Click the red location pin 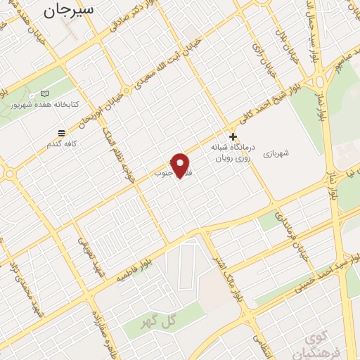pyautogui.click(x=181, y=165)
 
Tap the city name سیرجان pyautogui.click(x=68, y=10)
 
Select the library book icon pyautogui.click(x=44, y=94)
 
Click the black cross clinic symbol pyautogui.click(x=233, y=136)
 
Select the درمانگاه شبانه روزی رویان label pyautogui.click(x=230, y=154)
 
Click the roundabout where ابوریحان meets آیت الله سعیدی pyautogui.click(x=126, y=90)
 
